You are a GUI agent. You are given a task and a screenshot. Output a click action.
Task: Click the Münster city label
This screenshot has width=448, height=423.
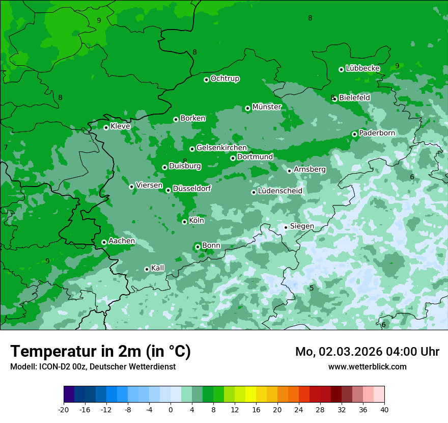click(x=267, y=107)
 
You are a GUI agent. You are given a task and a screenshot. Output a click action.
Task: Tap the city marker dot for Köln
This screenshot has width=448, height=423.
click(x=184, y=222)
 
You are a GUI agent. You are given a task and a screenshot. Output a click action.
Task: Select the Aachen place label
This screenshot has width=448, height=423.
click(x=122, y=241)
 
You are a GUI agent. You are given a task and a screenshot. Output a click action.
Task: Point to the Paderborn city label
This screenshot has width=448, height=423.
click(x=377, y=133)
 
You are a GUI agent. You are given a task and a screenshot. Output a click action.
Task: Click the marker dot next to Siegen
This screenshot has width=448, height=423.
click(x=286, y=227)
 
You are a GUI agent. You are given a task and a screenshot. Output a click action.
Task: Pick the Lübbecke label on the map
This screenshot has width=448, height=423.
click(x=362, y=68)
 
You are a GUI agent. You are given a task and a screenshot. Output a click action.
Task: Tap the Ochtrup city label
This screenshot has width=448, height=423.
click(x=225, y=78)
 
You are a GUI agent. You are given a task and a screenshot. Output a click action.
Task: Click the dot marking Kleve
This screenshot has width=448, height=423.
click(x=106, y=127)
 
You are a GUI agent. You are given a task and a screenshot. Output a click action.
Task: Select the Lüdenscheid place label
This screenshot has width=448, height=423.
click(x=280, y=191)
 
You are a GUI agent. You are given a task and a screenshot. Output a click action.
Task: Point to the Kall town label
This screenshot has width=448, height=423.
click(x=158, y=268)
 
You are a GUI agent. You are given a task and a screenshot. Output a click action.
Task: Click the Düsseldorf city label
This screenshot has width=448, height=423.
click(x=192, y=189)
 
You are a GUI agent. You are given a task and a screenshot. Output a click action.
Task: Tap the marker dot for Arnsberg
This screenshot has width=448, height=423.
click(x=289, y=171)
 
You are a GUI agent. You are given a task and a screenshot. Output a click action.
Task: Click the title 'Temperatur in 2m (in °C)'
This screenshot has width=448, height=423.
click(x=101, y=351)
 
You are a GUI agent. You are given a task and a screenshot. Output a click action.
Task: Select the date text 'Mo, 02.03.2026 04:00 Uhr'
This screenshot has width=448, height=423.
click(x=367, y=352)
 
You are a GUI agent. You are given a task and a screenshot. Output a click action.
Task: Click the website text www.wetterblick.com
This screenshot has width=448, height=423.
click(x=367, y=366)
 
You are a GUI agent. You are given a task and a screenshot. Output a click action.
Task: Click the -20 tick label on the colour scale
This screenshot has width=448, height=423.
click(x=64, y=409)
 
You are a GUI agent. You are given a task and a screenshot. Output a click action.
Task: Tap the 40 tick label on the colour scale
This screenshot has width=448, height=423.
click(x=384, y=409)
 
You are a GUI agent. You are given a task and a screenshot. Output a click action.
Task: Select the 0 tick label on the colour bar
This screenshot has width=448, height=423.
click(x=171, y=409)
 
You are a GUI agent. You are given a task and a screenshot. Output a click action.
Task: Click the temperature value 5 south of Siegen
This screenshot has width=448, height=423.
click(x=312, y=288)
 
